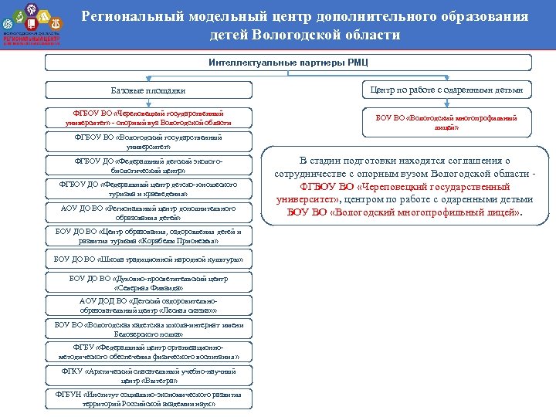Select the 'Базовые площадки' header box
click(148, 90)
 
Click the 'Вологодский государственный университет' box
click(148, 141)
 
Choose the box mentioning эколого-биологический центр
click(148, 165)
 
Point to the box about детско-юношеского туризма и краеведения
click(148, 188)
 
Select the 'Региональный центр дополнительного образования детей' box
click(148, 212)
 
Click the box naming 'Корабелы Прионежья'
click(148, 236)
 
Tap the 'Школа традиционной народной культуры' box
click(148, 259)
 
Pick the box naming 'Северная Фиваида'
click(148, 283)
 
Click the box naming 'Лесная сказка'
click(148, 305)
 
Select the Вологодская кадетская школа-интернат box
click(148, 329)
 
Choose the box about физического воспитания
click(148, 352)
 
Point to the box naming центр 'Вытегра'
click(148, 376)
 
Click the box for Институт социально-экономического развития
click(148, 399)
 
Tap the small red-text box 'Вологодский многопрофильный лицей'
click(446, 122)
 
